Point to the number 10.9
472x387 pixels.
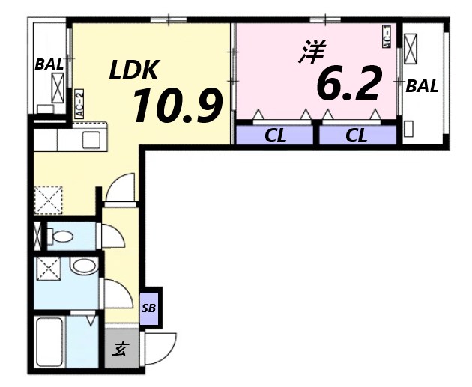[x=178, y=106]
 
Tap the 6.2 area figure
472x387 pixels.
[x=349, y=83]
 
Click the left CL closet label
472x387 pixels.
[x=274, y=135]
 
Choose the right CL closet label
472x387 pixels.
[x=357, y=135]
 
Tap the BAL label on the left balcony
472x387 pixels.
[x=49, y=64]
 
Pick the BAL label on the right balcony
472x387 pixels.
[x=422, y=86]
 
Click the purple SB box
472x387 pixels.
[x=150, y=308]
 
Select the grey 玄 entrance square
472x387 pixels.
[x=121, y=349]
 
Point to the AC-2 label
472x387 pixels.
[x=79, y=104]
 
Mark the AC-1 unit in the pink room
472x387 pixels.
[x=387, y=37]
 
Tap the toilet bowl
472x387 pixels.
[x=63, y=237]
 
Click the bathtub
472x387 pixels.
[x=50, y=342]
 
